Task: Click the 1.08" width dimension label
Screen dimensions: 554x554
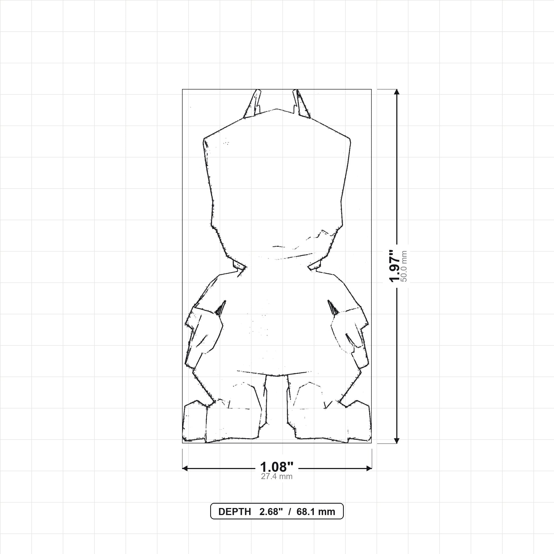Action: click(277, 467)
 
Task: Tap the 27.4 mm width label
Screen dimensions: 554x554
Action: click(277, 476)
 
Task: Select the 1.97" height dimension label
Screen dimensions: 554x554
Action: click(395, 266)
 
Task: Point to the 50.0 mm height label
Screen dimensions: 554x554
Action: click(404, 266)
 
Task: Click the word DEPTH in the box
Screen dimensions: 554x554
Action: click(235, 512)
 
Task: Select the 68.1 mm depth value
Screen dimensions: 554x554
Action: click(316, 512)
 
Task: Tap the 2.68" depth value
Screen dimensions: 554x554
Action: click(271, 512)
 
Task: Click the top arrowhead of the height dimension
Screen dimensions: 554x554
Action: click(397, 92)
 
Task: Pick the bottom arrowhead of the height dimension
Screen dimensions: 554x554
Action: click(397, 440)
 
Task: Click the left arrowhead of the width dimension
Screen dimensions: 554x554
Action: click(185, 469)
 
